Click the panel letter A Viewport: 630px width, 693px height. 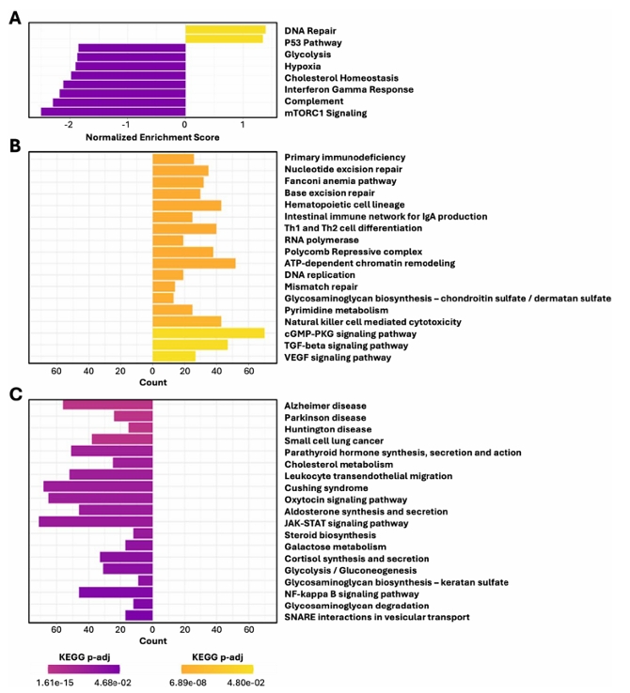coord(15,18)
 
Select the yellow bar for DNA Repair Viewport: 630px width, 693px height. coord(225,30)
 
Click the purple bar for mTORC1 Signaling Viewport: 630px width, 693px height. coord(113,113)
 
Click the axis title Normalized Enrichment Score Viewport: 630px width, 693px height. coord(152,137)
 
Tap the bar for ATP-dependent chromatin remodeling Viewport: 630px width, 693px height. coord(195,263)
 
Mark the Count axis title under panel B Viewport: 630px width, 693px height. coord(152,382)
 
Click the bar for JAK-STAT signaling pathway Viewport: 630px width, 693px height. coord(95,522)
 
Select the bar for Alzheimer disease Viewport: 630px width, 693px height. coord(107,405)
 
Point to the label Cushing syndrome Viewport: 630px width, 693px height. coord(326,487)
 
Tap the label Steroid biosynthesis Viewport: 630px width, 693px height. coord(330,534)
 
